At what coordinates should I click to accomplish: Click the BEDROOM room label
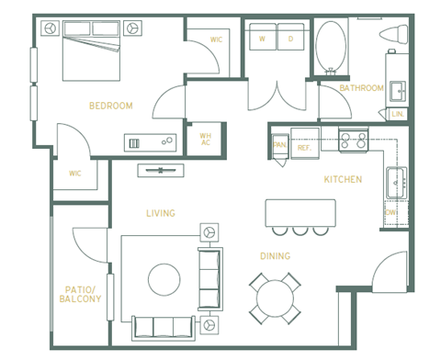110,106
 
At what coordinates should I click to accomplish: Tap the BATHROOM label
361,88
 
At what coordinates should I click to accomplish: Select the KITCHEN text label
343,179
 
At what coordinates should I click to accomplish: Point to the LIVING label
160,213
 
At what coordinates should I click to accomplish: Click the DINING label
275,256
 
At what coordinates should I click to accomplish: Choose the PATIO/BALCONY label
80,294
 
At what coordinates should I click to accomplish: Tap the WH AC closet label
205,139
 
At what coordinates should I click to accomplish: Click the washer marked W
262,39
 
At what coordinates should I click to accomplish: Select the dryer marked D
290,39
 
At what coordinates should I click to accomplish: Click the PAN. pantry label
279,145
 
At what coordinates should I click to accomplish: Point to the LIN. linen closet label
397,114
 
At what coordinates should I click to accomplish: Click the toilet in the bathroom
396,35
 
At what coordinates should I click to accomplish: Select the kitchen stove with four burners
354,141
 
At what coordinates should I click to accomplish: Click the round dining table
275,298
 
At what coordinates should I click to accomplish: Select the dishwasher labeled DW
391,212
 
